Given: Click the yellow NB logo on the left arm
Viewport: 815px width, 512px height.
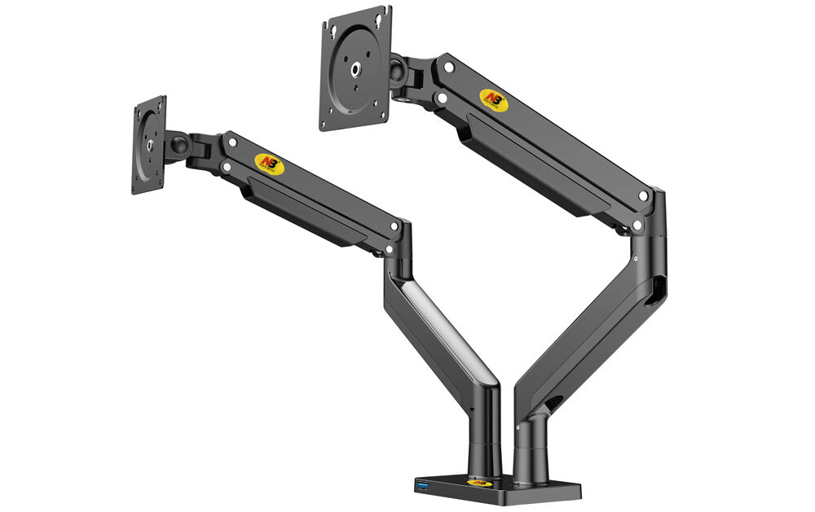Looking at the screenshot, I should [266, 163].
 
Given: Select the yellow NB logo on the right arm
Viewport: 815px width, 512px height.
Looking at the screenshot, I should [491, 97].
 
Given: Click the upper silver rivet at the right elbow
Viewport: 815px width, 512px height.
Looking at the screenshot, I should [644, 196].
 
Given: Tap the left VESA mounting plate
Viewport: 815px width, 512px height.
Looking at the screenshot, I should [149, 146].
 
